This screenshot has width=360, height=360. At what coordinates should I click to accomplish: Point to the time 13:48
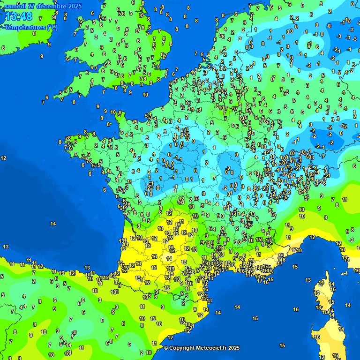pos(19,17)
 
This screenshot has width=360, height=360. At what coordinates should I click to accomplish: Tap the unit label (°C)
pos(52,27)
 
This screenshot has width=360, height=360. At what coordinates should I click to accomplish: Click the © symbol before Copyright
pos(165,348)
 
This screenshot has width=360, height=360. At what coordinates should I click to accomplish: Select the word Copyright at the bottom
pos(183,348)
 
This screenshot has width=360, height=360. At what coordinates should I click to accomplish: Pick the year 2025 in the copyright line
pos(233,348)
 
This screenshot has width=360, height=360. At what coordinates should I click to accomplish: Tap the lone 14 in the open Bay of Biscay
pos(53,224)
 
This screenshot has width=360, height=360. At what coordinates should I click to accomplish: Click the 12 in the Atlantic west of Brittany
pos(4,158)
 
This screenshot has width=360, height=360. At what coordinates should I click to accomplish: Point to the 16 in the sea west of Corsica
pos(296,309)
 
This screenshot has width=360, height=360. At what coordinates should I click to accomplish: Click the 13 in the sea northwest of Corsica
pos(308,280)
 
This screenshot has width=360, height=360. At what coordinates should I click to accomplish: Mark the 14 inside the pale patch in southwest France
pos(169,258)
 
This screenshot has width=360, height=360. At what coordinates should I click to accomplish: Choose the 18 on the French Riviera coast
pos(299,251)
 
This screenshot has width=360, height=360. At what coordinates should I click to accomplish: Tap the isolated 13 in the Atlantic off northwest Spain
pos(6,247)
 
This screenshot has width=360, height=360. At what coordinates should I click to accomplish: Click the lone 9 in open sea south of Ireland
pos(42,56)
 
